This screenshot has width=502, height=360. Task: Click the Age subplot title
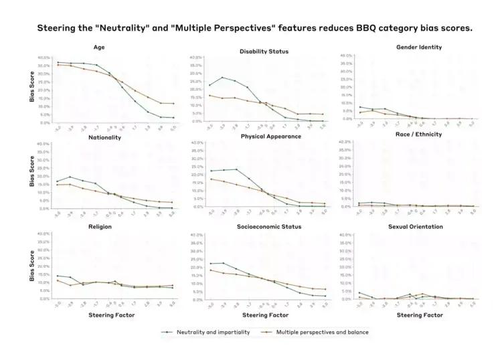click(100, 48)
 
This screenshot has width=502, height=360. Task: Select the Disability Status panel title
click(264, 52)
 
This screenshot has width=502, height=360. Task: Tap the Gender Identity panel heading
click(419, 48)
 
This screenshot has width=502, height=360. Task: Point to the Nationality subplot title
click(105, 137)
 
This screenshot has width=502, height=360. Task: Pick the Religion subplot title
click(100, 227)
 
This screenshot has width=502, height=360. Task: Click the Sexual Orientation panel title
click(416, 227)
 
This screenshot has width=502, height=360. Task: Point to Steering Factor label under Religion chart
click(112, 314)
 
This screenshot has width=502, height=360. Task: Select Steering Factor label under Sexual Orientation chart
click(419, 314)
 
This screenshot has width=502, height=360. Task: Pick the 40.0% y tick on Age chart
click(43, 58)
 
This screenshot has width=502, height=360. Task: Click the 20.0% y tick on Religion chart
click(43, 266)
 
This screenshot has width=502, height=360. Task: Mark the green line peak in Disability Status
click(222, 78)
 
